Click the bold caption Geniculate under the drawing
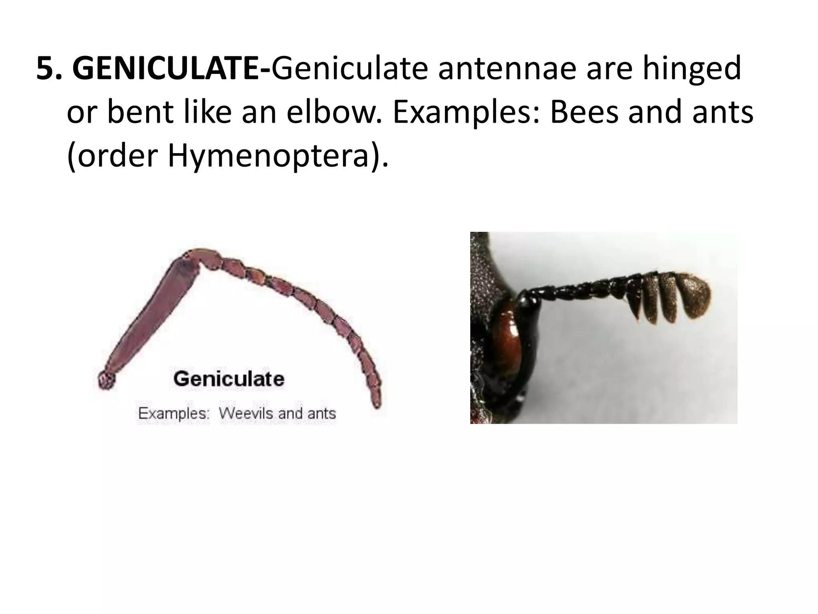229,378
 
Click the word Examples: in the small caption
173,413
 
